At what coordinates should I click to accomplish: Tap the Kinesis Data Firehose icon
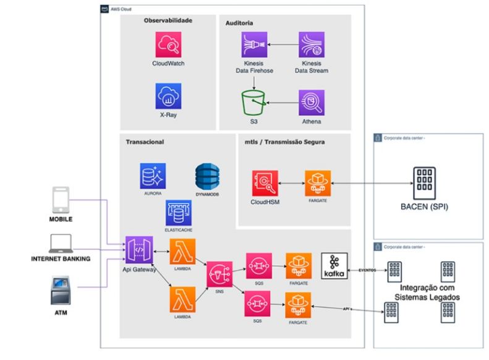tap(254, 46)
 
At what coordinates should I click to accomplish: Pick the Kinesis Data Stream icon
tap(311, 46)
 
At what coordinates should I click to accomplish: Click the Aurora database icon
tap(152, 176)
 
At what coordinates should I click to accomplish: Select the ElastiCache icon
tap(178, 212)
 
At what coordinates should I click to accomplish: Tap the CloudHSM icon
tap(265, 184)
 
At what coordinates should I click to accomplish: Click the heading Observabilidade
tap(168, 20)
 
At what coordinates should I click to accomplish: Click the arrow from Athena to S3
tap(282, 103)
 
